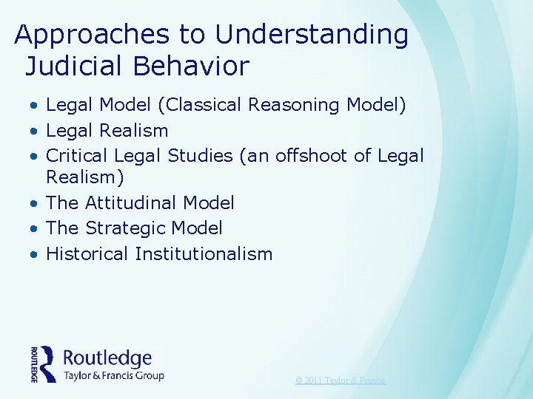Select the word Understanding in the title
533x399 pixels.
point(312,35)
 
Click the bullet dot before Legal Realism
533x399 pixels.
point(35,132)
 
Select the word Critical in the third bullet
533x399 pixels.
point(76,156)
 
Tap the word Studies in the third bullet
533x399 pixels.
point(199,156)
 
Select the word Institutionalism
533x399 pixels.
point(204,254)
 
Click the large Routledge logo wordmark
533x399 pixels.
point(107,358)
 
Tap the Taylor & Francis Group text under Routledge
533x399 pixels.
point(113,375)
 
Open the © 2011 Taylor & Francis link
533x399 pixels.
point(340,381)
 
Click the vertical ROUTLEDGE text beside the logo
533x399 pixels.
point(34,364)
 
